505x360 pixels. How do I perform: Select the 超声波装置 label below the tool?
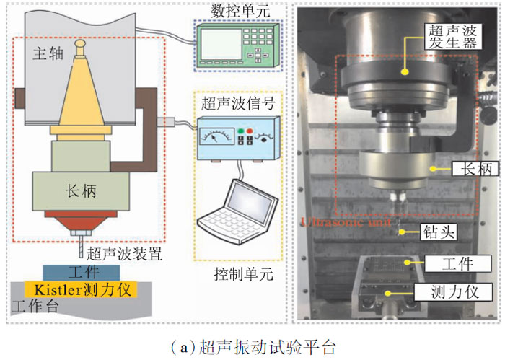coord(123,254)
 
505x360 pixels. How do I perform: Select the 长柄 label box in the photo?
coord(467,170)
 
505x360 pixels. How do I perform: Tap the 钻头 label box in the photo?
coord(436,233)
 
